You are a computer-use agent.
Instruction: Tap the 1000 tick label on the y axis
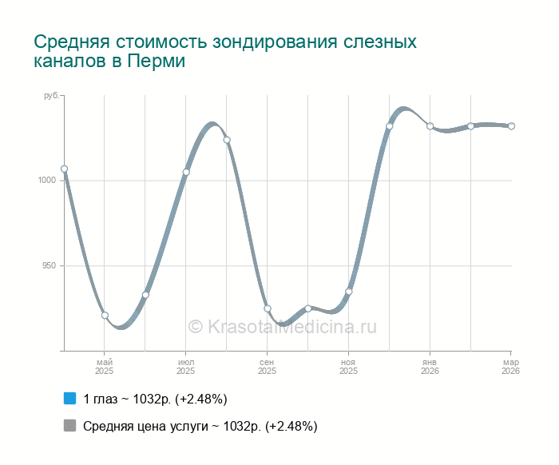pos(46,181)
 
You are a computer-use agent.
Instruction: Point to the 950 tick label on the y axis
pos(47,265)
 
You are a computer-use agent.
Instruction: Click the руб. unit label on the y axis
pos(50,96)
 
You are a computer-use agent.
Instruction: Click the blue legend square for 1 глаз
pos(69,398)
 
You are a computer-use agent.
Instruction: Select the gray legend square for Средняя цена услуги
pos(69,426)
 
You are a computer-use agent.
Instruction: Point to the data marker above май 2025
pos(105,316)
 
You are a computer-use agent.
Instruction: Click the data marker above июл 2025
pos(186,172)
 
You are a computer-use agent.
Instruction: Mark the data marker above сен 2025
pos(268,308)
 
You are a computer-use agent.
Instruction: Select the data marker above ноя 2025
pos(349,292)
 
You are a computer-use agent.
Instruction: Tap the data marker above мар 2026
pos(511,126)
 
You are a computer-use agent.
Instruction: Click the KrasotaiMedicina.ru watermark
pos(282,326)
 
